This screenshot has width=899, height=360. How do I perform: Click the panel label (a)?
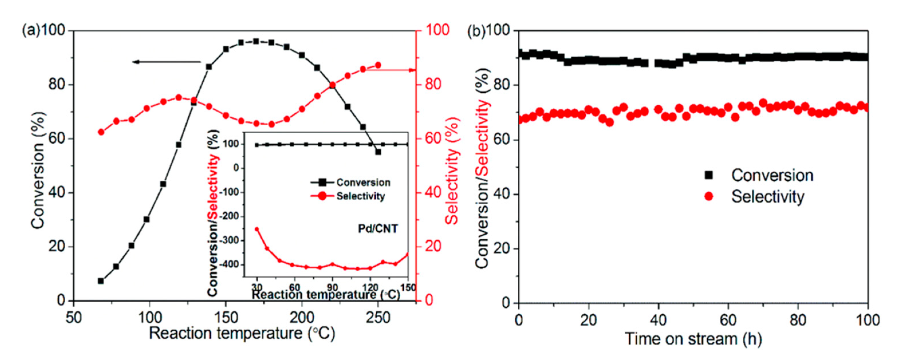tap(31, 31)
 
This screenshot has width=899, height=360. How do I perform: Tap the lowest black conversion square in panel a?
tap(101, 281)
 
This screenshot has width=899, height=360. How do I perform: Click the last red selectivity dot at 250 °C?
tap(378, 65)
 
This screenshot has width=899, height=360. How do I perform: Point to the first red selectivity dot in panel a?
tap(101, 132)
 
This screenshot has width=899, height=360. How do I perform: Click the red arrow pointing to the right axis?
tap(391, 70)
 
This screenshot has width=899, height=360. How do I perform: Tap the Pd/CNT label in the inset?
tap(378, 229)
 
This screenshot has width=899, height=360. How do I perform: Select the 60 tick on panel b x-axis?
tap(728, 320)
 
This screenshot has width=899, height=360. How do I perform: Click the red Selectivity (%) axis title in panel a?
tap(453, 171)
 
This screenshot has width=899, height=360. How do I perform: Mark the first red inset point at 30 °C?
tap(257, 229)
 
